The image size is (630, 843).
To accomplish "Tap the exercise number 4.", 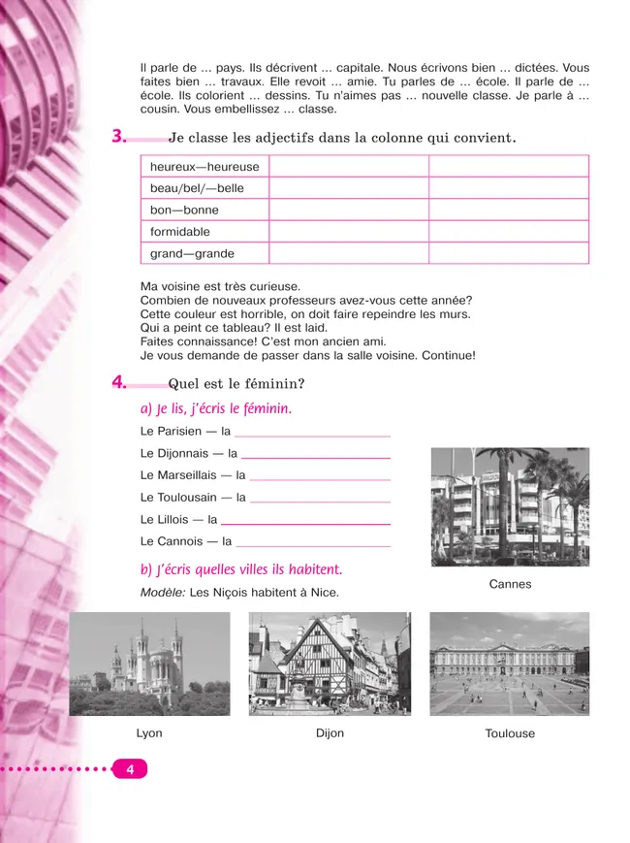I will (x=119, y=383).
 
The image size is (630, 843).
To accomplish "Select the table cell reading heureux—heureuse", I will (x=205, y=167).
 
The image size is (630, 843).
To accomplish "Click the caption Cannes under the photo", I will (x=510, y=584).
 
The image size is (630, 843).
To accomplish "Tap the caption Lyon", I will (x=149, y=733).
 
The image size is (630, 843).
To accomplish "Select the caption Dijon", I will (x=330, y=733).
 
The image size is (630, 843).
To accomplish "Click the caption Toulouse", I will (x=510, y=734).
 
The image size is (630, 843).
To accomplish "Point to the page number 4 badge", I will (x=130, y=769).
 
